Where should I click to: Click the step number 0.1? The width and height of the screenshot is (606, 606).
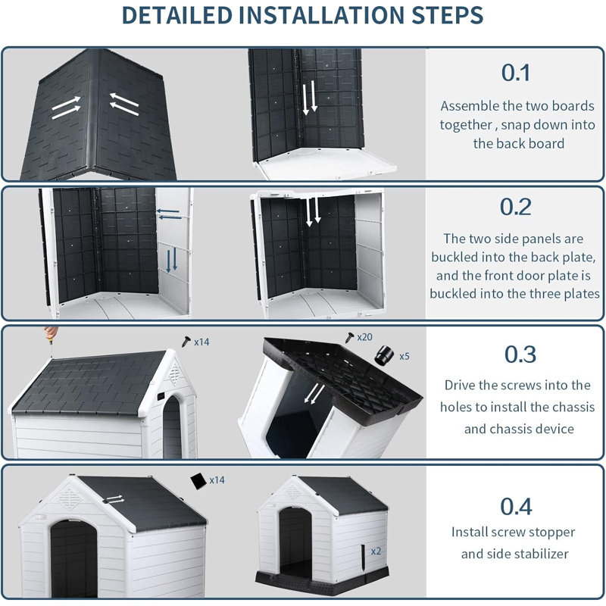(x=516, y=73)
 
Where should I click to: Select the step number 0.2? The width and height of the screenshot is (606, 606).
(x=516, y=207)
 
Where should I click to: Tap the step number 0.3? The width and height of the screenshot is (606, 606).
(x=520, y=355)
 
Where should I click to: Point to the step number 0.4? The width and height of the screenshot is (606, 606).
(x=516, y=506)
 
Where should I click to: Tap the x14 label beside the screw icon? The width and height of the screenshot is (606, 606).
(x=201, y=342)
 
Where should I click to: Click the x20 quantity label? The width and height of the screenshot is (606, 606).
(x=364, y=337)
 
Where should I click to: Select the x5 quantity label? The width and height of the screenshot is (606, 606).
(x=405, y=356)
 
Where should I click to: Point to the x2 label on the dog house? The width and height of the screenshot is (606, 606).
(x=376, y=551)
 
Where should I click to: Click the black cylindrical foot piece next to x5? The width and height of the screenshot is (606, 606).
(x=384, y=355)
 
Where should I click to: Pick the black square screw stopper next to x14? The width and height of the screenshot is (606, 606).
(x=198, y=481)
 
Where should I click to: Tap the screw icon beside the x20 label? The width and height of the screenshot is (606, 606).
(x=349, y=337)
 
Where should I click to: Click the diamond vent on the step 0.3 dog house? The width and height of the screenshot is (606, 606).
(x=175, y=373)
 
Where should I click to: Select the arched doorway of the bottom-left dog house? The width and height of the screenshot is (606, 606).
(x=73, y=558)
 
